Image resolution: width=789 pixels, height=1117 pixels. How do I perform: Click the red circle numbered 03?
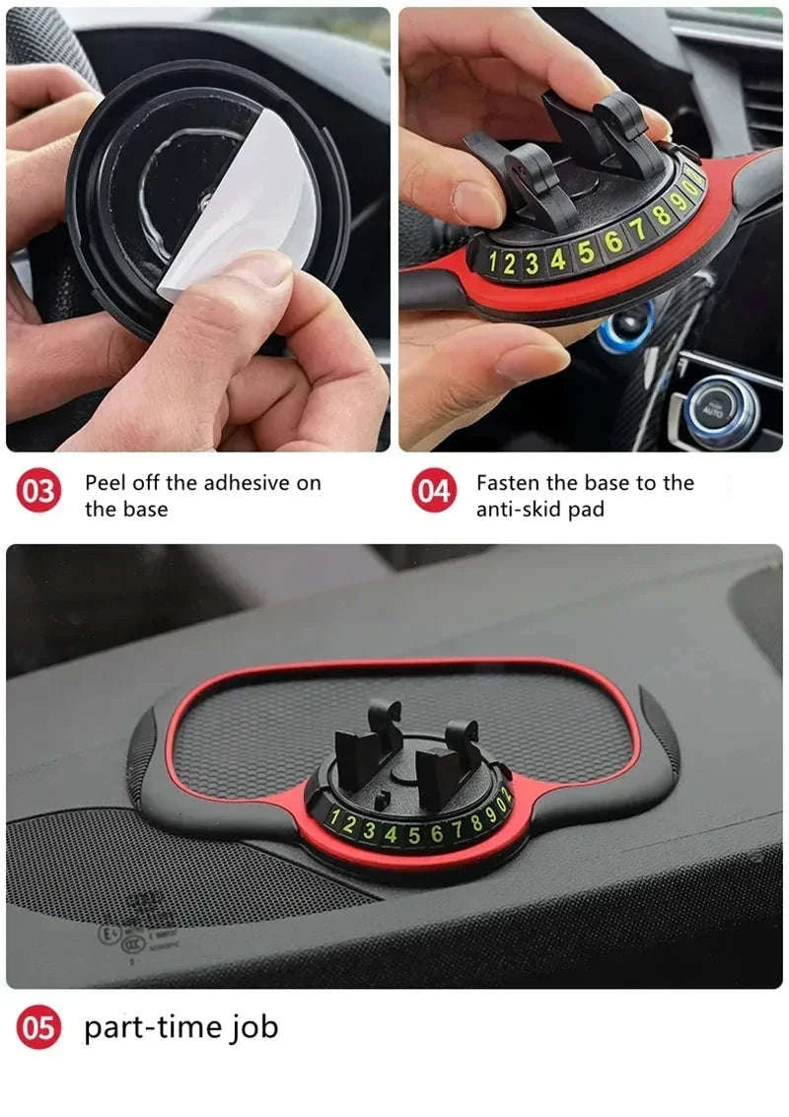point(39,492)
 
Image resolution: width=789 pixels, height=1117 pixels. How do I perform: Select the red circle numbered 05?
point(39,1028)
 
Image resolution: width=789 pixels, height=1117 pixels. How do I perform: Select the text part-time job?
point(180,1027)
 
